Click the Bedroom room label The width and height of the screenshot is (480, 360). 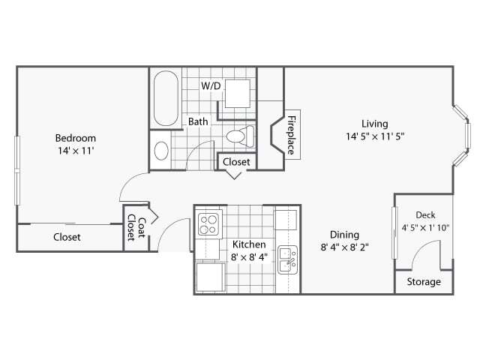[x=76, y=138]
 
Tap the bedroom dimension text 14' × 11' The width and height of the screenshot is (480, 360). [x=76, y=151]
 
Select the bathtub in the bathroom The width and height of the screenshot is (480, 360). [x=165, y=99]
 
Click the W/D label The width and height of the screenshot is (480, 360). [x=211, y=86]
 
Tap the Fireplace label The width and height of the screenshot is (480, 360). [x=290, y=134]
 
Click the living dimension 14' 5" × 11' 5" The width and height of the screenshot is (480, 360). [x=374, y=136]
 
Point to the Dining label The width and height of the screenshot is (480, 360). [x=343, y=234]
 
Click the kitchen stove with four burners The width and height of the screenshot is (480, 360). [x=208, y=222]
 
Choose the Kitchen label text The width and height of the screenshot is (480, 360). [x=248, y=244]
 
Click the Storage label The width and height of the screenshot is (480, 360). [x=424, y=282]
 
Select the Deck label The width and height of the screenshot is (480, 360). [x=425, y=215]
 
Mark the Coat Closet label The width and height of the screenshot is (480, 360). [x=136, y=226]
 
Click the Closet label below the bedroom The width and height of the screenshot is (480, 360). [x=67, y=237]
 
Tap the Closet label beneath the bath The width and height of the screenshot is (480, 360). [x=237, y=161]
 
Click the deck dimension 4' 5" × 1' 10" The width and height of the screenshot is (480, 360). [x=425, y=228]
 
